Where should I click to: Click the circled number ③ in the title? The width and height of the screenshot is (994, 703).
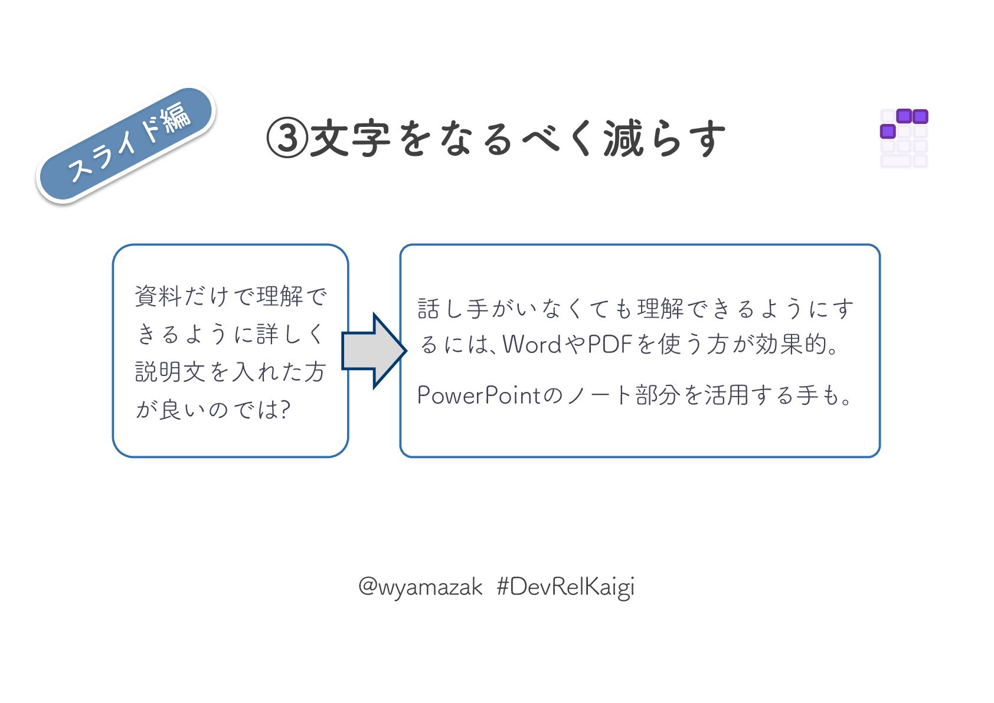(x=287, y=139)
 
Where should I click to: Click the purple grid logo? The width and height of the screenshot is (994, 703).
(x=904, y=138)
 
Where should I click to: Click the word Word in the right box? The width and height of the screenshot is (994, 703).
(x=532, y=344)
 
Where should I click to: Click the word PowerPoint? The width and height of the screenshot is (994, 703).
(x=479, y=395)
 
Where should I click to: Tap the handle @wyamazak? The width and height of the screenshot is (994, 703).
(x=420, y=587)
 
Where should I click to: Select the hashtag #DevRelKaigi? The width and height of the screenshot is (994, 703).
(x=565, y=587)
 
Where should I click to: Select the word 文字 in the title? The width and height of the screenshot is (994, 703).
(x=350, y=139)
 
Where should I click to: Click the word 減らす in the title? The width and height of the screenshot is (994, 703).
(x=665, y=139)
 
